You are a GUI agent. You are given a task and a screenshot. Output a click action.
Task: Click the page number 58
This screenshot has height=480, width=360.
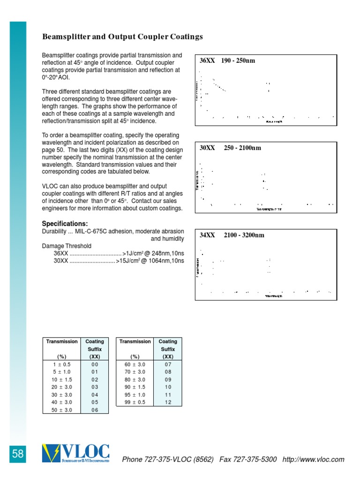[18, 454]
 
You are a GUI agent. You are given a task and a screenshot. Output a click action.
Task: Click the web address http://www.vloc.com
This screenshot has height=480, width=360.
[314, 459]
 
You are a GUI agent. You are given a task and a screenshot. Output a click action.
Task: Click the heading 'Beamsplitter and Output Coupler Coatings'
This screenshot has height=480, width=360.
[123, 37]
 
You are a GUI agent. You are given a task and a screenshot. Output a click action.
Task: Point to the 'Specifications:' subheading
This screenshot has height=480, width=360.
[65, 223]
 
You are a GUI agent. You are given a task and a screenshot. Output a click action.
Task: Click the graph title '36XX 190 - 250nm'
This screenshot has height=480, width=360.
[227, 60]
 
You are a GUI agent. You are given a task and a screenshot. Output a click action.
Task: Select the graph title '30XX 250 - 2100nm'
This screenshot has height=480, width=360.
[230, 148]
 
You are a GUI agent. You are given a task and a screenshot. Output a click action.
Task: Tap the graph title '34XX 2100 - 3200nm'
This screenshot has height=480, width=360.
[232, 235]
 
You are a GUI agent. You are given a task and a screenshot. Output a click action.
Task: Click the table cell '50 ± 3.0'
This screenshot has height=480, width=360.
[62, 410]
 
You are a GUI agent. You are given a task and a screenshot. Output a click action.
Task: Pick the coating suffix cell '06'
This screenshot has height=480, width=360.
[95, 410]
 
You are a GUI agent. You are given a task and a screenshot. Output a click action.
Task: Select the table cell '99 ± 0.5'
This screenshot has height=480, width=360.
[135, 402]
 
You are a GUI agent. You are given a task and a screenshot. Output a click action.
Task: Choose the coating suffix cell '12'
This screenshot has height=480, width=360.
[168, 402]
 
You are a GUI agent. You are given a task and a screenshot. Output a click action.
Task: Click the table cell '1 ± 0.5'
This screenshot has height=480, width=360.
[62, 365]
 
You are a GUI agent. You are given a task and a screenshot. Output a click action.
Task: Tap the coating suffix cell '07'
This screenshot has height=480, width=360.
[168, 365]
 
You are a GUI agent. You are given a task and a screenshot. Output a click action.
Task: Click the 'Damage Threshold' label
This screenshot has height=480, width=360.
[67, 246]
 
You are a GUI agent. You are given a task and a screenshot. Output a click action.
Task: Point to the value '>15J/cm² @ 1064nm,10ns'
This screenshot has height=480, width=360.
[150, 261]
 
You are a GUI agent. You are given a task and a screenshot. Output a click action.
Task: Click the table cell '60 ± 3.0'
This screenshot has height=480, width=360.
[135, 365]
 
